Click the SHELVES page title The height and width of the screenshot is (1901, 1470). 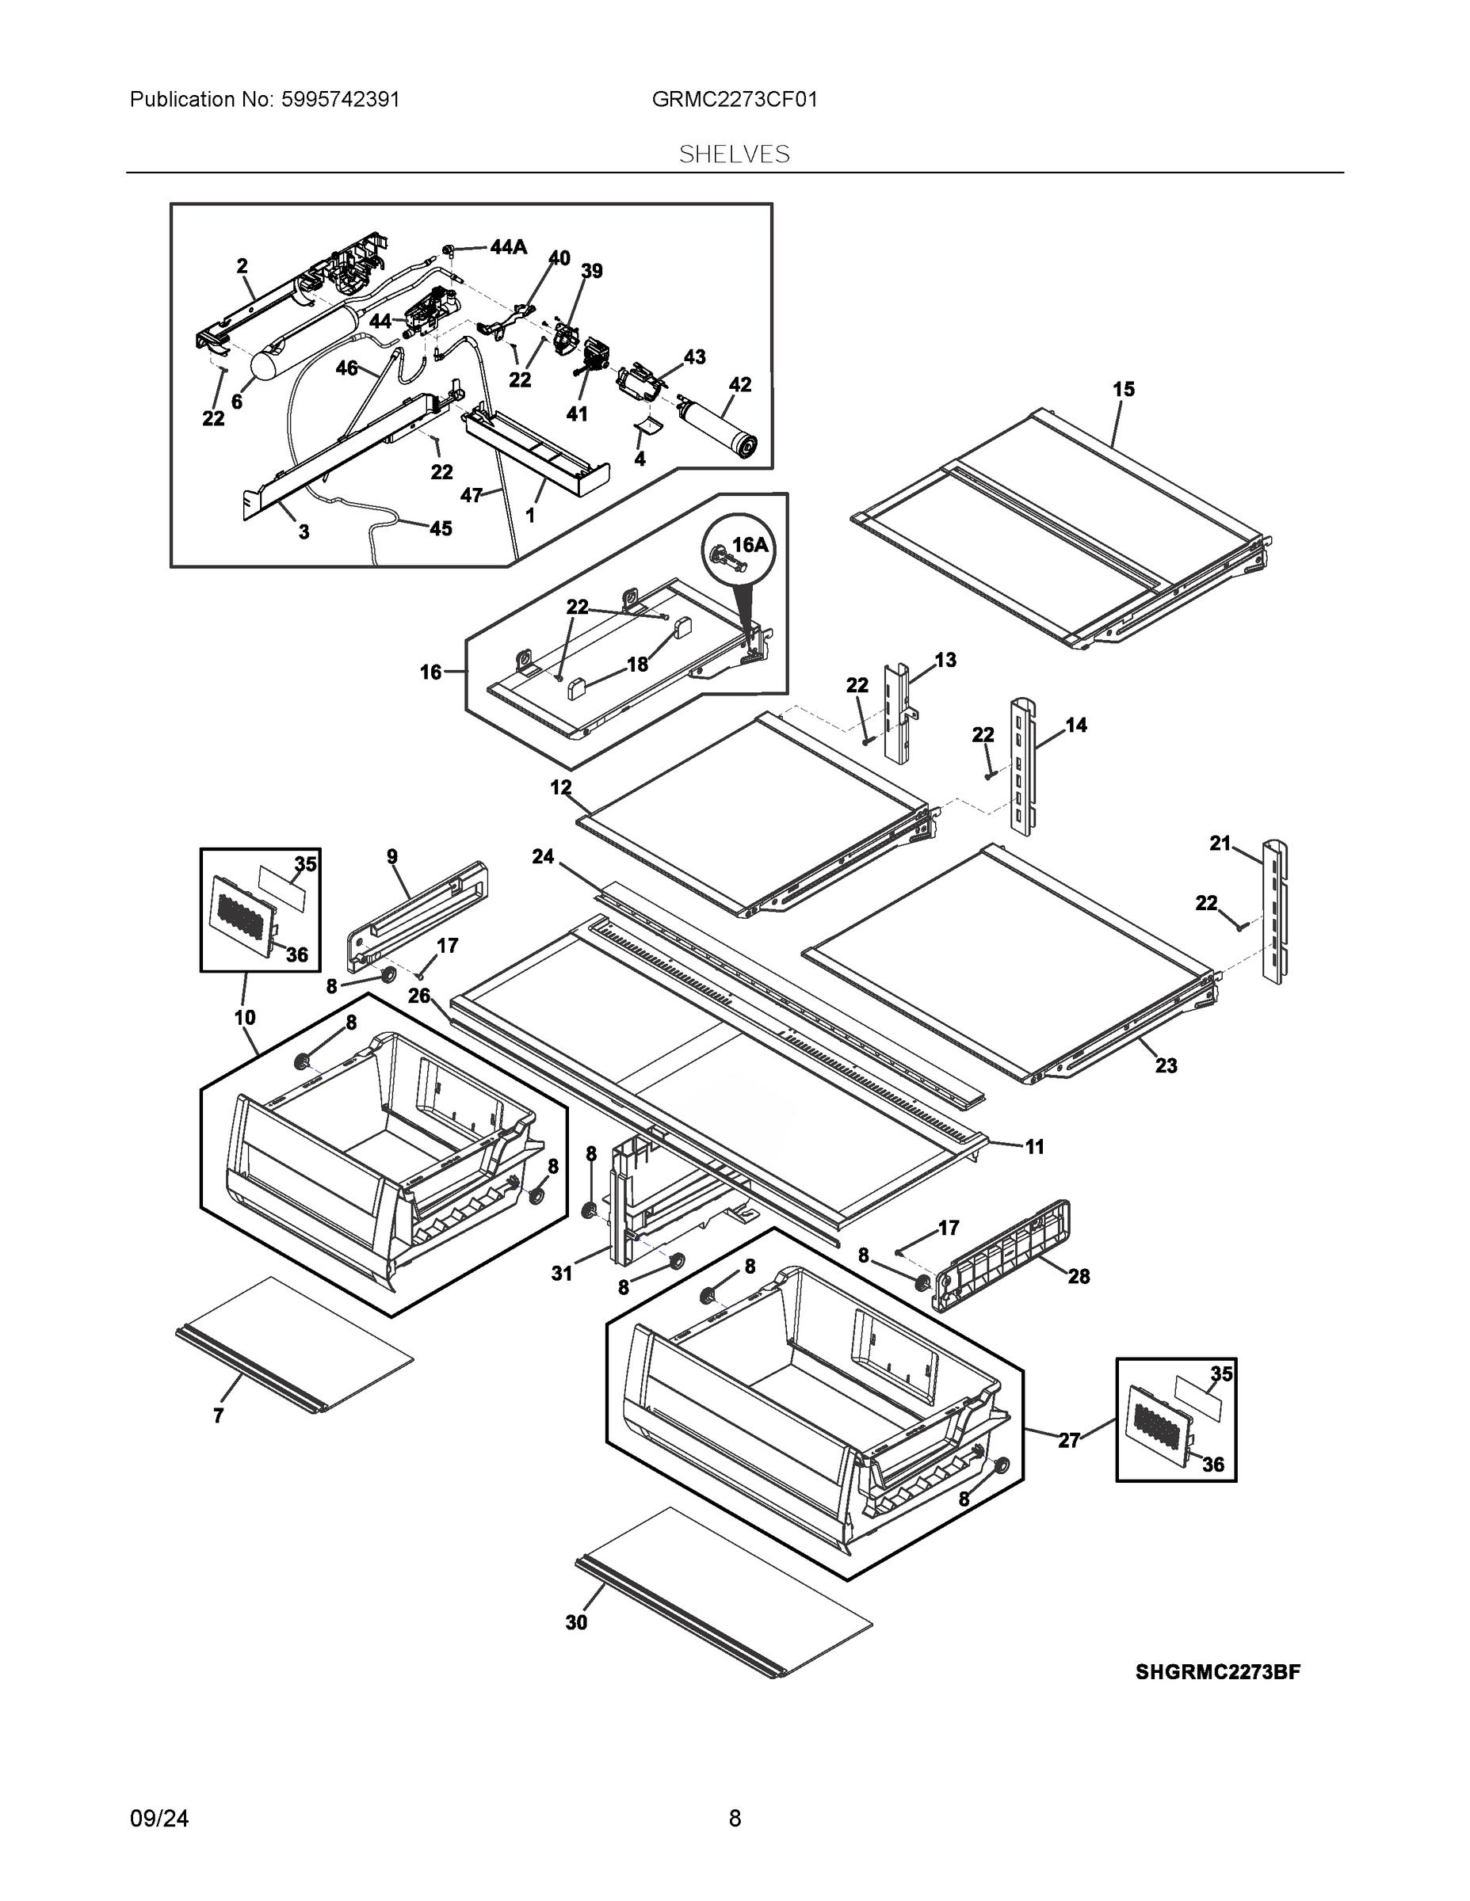pyautogui.click(x=734, y=154)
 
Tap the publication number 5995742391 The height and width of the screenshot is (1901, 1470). pyautogui.click(x=340, y=99)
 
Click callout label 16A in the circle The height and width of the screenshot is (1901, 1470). pyautogui.click(x=750, y=545)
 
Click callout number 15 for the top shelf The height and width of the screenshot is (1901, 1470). pyautogui.click(x=1124, y=389)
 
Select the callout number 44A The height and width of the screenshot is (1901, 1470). pyautogui.click(x=509, y=247)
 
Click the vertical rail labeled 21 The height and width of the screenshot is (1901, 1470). pyautogui.click(x=1275, y=912)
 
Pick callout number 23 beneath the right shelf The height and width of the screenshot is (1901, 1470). pyautogui.click(x=1165, y=1065)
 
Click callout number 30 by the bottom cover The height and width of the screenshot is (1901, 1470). pyautogui.click(x=576, y=1622)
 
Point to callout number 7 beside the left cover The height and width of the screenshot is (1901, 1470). pyautogui.click(x=219, y=1416)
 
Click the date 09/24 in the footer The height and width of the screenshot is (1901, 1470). pyautogui.click(x=159, y=1819)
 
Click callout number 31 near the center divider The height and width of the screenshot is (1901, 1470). pyautogui.click(x=562, y=1274)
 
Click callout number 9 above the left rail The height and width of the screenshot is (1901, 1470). pyautogui.click(x=392, y=856)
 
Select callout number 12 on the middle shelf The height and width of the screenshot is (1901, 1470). pyautogui.click(x=561, y=788)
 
